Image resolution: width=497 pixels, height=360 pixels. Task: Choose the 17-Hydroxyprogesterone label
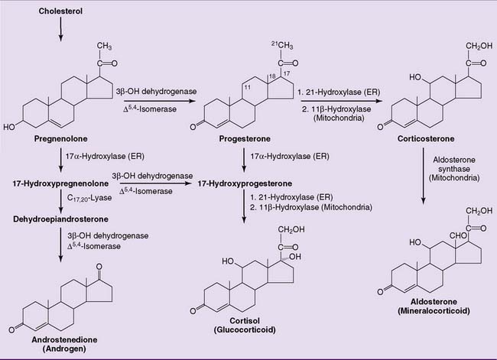point(244,184)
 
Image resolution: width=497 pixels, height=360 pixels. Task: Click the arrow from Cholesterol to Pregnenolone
point(60,29)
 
